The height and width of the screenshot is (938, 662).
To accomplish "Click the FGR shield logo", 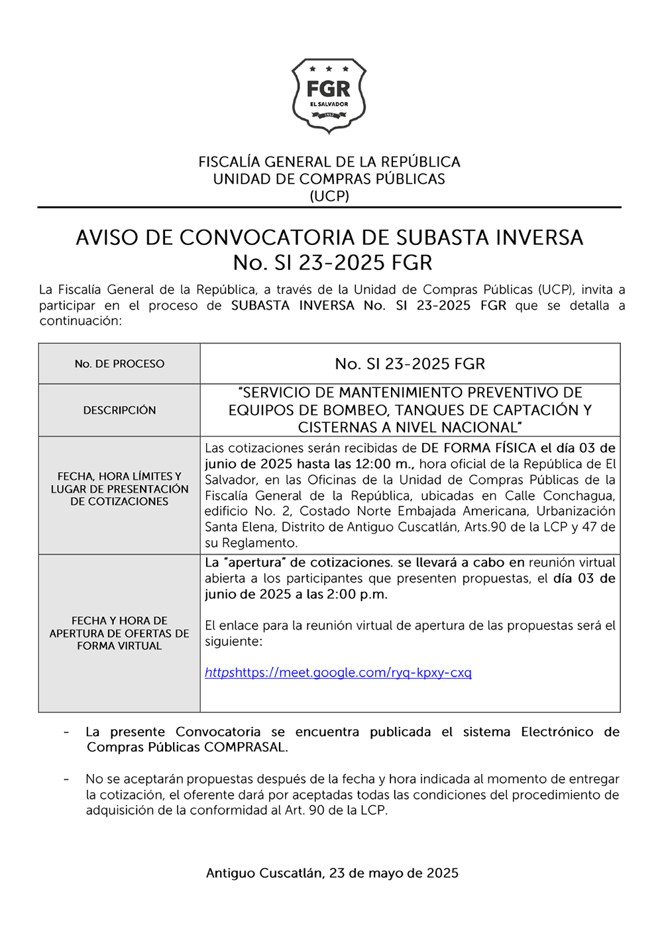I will pyautogui.click(x=329, y=95).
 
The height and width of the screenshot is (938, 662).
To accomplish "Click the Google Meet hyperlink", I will pyautogui.click(x=338, y=673).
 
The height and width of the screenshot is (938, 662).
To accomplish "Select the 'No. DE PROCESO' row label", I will pyautogui.click(x=119, y=363).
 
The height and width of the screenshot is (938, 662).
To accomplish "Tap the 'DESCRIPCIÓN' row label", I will pyautogui.click(x=119, y=410).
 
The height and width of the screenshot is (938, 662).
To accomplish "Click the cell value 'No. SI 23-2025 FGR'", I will pyautogui.click(x=410, y=363).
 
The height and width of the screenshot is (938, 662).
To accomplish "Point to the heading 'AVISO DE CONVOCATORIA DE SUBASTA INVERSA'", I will pyautogui.click(x=329, y=238).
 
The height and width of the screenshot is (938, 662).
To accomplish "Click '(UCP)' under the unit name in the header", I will pyautogui.click(x=329, y=196).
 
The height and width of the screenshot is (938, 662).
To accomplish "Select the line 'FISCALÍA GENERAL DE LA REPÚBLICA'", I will pyautogui.click(x=329, y=162).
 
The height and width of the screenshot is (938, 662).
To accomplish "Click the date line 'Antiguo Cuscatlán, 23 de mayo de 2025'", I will pyautogui.click(x=332, y=873).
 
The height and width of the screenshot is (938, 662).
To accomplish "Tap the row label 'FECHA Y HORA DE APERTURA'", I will pyautogui.click(x=119, y=627).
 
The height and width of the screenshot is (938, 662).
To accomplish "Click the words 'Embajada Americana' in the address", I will pyautogui.click(x=472, y=511).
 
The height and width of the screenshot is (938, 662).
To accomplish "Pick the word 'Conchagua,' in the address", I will pyautogui.click(x=579, y=496).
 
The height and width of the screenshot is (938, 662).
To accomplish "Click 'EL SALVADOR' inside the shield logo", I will pyautogui.click(x=329, y=105).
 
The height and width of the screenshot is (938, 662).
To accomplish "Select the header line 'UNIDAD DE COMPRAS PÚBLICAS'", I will pyautogui.click(x=329, y=179).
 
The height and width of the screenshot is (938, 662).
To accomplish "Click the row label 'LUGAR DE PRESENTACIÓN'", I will pyautogui.click(x=119, y=489).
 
